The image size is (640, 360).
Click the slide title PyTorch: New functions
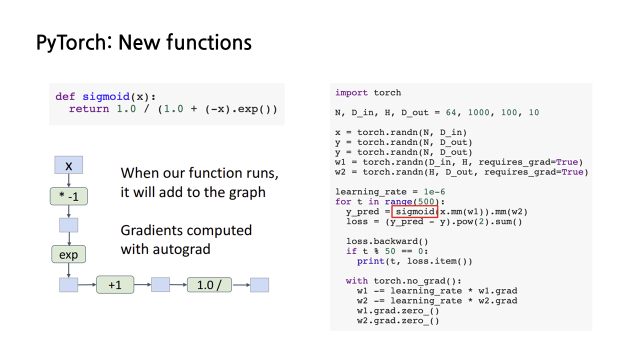[144, 43]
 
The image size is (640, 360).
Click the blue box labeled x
[68, 165]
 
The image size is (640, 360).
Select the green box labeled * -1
[68, 196]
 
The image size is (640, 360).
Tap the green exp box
[68, 255]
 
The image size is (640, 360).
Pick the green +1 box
[115, 285]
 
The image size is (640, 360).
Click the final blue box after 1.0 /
[259, 285]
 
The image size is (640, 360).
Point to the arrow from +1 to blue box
[142, 285]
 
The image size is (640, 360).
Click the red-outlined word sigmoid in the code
[415, 211]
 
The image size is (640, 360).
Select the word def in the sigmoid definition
[65, 97]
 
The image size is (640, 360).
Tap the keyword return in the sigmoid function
[89, 109]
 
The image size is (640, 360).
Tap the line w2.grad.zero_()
[398, 320]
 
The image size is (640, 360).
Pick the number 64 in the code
[451, 112]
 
